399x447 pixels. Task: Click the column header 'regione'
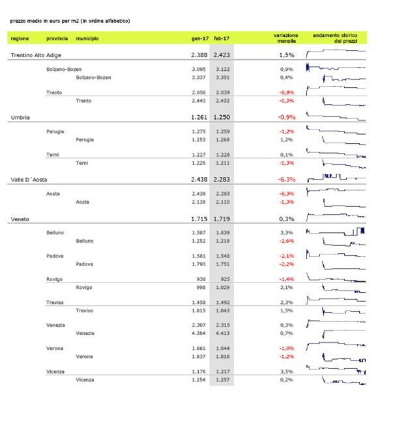coord(20,39)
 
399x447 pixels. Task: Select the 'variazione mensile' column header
coord(286,38)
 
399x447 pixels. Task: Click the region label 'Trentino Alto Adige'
coord(37,56)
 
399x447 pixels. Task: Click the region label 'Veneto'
coord(20,220)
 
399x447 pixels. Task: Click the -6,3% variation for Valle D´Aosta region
coord(287,178)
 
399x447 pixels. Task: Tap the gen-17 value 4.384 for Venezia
coord(199,333)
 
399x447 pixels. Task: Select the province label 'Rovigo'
coord(55,278)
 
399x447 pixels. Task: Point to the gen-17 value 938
coord(201,278)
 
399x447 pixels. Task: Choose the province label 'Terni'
coord(53,154)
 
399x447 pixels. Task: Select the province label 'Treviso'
coord(55,302)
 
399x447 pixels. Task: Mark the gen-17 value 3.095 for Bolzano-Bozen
coord(199,69)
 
